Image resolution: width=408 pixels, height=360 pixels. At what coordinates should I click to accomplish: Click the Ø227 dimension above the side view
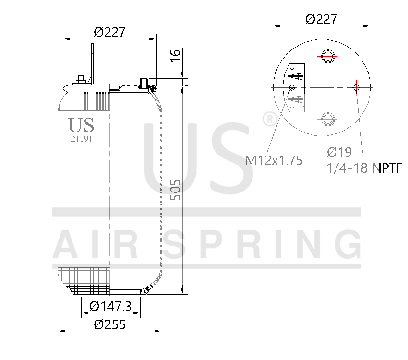tap(109, 32)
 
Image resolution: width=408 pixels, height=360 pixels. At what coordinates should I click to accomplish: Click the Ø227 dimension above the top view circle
tap(321, 19)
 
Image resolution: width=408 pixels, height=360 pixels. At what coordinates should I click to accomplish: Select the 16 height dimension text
tap(176, 54)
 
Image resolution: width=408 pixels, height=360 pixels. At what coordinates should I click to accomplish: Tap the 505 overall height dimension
tap(176, 190)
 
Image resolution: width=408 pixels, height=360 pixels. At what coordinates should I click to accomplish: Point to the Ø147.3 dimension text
tap(110, 306)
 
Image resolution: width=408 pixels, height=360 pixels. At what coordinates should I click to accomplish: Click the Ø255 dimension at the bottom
tap(109, 324)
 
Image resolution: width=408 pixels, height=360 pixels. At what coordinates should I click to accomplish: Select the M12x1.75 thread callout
tap(274, 160)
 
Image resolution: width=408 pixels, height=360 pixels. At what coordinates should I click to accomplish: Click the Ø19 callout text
tap(339, 152)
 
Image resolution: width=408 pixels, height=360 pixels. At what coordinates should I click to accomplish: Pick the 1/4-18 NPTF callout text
tap(363, 168)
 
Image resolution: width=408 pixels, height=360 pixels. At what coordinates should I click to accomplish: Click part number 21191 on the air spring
tap(81, 138)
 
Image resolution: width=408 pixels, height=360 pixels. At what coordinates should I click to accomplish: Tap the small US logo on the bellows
tap(81, 125)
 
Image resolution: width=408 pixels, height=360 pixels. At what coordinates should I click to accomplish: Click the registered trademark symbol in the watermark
tap(269, 119)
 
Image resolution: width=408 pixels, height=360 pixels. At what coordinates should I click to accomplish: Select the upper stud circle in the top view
tap(328, 56)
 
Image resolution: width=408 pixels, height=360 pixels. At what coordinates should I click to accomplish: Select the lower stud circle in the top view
tap(328, 119)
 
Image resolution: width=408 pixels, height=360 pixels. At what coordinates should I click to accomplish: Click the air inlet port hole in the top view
tap(357, 87)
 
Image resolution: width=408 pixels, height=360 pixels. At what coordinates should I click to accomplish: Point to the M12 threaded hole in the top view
tap(293, 87)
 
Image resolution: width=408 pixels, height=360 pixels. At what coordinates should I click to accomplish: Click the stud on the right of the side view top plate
tap(143, 83)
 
